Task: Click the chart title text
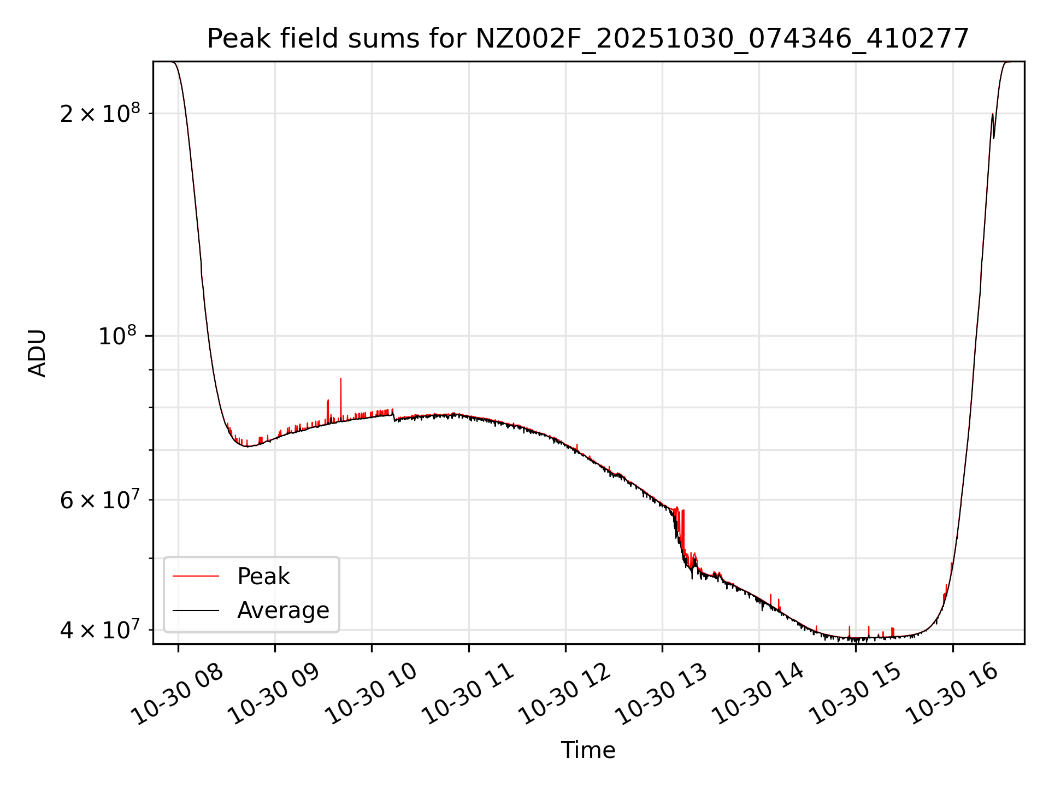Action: pyautogui.click(x=588, y=39)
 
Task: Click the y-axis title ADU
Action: pyautogui.click(x=37, y=353)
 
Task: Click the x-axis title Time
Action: pyautogui.click(x=588, y=750)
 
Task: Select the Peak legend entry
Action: pyautogui.click(x=263, y=577)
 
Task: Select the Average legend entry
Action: pyautogui.click(x=282, y=610)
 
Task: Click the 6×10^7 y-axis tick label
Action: pyautogui.click(x=100, y=499)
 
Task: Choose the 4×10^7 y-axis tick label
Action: pyautogui.click(x=100, y=629)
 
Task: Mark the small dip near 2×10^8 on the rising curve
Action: pyautogui.click(x=994, y=137)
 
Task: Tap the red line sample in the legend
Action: pyautogui.click(x=196, y=577)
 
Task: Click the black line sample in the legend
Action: pyautogui.click(x=196, y=610)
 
